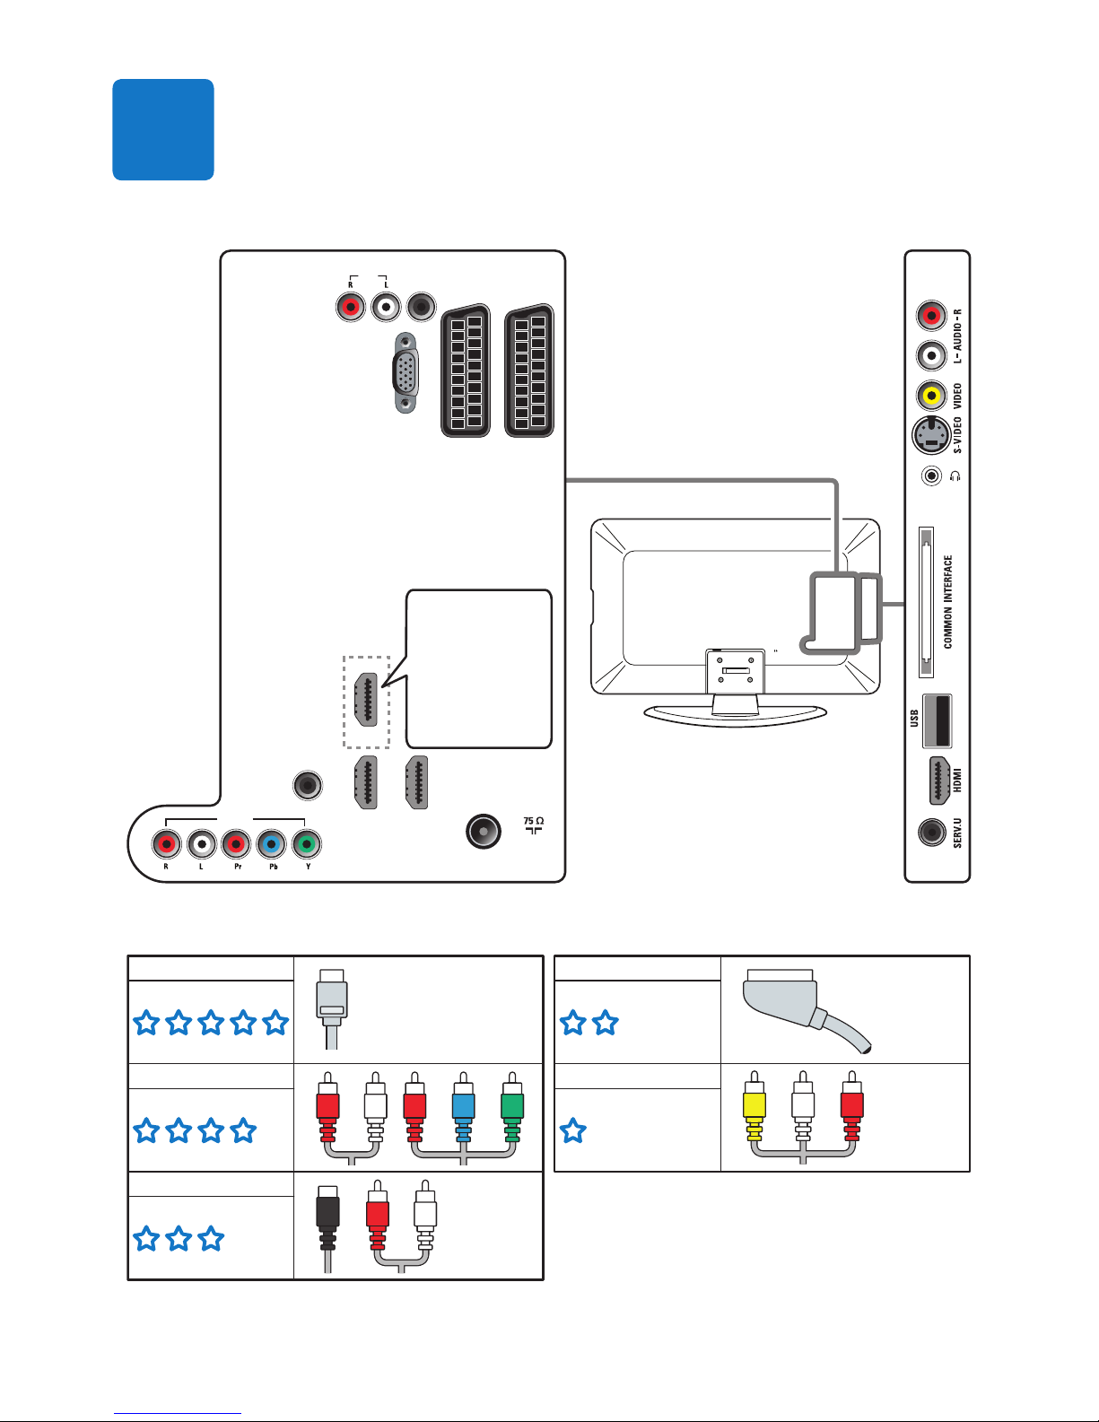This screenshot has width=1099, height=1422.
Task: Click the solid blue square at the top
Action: tap(163, 129)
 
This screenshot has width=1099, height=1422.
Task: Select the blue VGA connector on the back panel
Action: tap(406, 373)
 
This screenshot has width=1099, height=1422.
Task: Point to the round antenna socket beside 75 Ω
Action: tap(484, 832)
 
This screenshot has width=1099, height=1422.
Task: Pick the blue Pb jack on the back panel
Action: tap(271, 844)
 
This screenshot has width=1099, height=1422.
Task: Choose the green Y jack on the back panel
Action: tap(307, 844)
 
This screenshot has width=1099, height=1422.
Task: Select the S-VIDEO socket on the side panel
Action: tap(931, 436)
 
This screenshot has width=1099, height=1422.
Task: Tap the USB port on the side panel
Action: tap(937, 720)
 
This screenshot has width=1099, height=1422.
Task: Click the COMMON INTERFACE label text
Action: tap(948, 601)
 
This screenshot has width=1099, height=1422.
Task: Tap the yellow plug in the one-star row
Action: tap(754, 1112)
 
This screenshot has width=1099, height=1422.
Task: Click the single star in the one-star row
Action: tap(572, 1130)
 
